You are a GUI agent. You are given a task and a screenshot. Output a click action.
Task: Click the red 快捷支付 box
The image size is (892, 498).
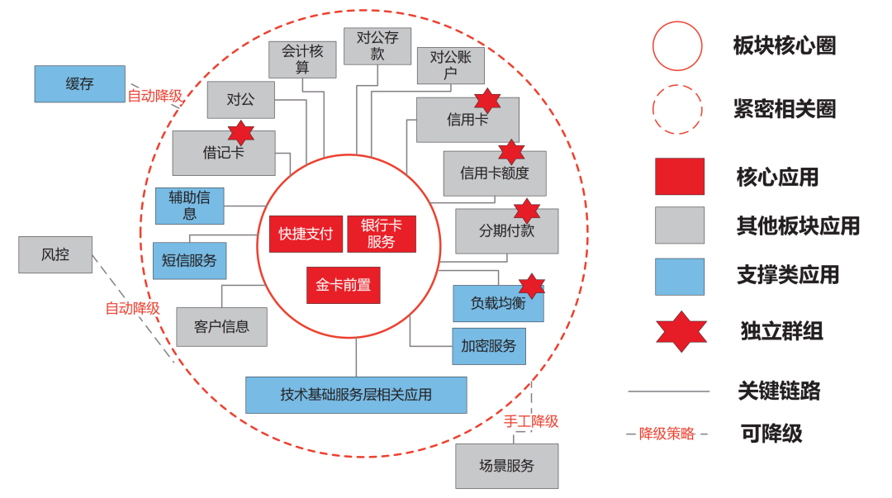coord(305,234)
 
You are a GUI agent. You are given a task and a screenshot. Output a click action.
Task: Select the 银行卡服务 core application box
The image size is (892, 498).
coord(381,234)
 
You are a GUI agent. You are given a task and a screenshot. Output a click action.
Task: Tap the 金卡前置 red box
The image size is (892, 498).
coord(343,286)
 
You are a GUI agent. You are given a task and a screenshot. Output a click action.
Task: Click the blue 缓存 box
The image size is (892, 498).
coord(79,83)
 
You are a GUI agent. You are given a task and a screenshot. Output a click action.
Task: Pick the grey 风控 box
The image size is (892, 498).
coord(55,254)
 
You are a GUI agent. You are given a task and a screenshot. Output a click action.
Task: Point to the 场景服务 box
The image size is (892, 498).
coord(506,466)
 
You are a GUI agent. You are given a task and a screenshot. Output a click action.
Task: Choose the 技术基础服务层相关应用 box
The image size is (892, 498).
coord(356,395)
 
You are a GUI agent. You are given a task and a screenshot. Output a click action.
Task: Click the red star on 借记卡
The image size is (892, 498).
coord(240,132)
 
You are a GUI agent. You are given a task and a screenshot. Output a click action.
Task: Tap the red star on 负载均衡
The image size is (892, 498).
coord(532,286)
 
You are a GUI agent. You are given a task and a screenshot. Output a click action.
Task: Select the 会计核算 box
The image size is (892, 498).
coord(302,59)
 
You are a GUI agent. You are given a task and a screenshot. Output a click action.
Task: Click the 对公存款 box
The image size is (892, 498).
coord(377,46)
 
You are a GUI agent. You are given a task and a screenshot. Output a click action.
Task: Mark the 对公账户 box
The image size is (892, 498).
coord(450,65)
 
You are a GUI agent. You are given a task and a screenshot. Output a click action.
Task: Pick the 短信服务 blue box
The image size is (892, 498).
coord(189,260)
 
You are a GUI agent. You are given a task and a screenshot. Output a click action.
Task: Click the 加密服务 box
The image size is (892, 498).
coord(488,346)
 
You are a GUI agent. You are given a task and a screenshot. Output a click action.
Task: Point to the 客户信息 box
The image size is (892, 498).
coord(221,326)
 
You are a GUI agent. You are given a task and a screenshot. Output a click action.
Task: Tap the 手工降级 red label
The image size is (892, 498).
coord(531,421)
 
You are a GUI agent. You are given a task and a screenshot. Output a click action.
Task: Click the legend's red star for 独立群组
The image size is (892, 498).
coord(681,332)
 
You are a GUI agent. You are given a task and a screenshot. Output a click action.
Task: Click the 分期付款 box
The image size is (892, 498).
coord(506,231)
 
